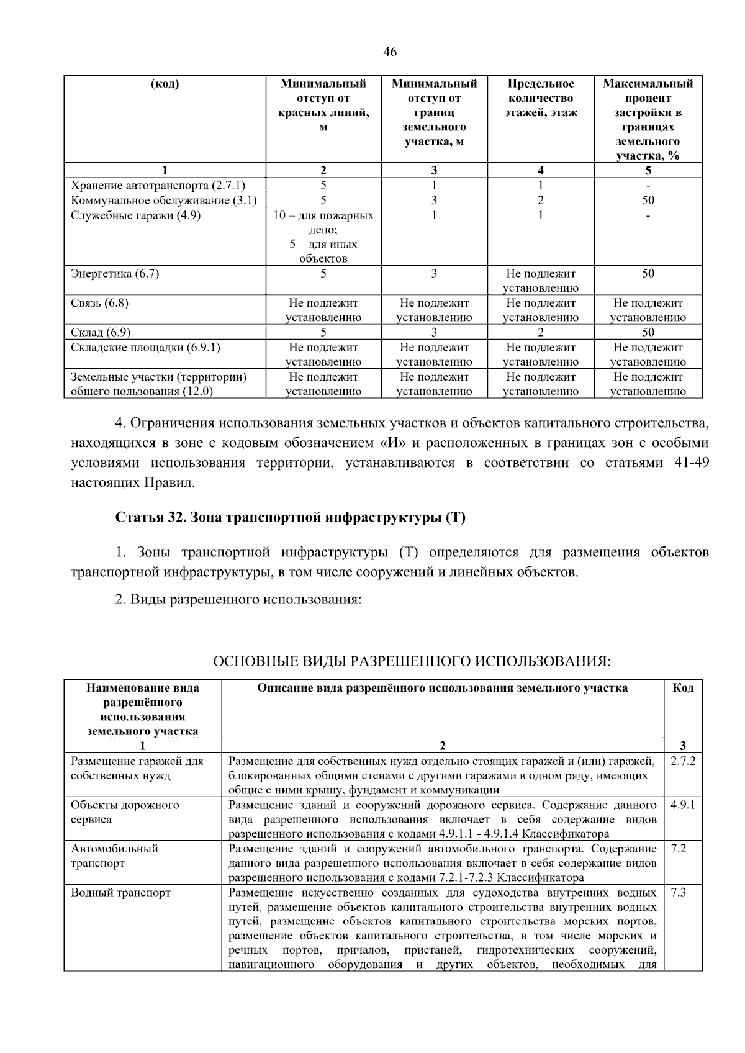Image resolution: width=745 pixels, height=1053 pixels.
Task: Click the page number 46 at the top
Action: [x=390, y=52]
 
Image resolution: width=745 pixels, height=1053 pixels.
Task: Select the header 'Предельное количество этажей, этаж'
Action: [x=540, y=98]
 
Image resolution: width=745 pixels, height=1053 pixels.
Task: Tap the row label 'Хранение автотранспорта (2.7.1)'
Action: [x=158, y=185]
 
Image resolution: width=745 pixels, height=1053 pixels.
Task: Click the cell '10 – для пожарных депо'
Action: [x=323, y=222]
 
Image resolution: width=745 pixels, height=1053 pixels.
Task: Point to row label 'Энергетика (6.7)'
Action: [x=115, y=274]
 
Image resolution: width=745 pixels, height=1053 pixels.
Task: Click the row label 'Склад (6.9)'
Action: [x=101, y=332]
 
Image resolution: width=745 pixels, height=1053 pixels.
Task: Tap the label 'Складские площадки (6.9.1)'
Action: [x=145, y=347]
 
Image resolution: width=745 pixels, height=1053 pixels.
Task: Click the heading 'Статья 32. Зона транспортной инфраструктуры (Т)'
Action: [x=290, y=518]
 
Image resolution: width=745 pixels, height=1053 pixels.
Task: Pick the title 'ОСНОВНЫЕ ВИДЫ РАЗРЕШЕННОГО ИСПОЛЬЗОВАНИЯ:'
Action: [x=412, y=661]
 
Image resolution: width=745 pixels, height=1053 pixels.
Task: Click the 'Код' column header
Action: [x=683, y=688]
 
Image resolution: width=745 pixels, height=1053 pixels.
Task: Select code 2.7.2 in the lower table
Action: [x=683, y=761]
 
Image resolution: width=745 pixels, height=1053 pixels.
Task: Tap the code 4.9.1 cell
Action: [x=683, y=805]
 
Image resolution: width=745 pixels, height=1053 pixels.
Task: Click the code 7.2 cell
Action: [x=679, y=849]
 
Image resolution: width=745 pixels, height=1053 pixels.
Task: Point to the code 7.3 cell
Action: [x=679, y=893]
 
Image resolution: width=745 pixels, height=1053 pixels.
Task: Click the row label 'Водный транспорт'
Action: [x=120, y=893]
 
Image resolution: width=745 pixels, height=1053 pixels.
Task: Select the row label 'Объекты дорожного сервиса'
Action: [x=125, y=812]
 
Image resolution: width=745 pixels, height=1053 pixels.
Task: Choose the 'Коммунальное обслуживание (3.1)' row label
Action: [x=164, y=200]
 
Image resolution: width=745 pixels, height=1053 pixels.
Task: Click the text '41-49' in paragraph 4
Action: [x=691, y=463]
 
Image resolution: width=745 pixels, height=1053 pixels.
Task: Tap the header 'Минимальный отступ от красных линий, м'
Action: [x=323, y=106]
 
